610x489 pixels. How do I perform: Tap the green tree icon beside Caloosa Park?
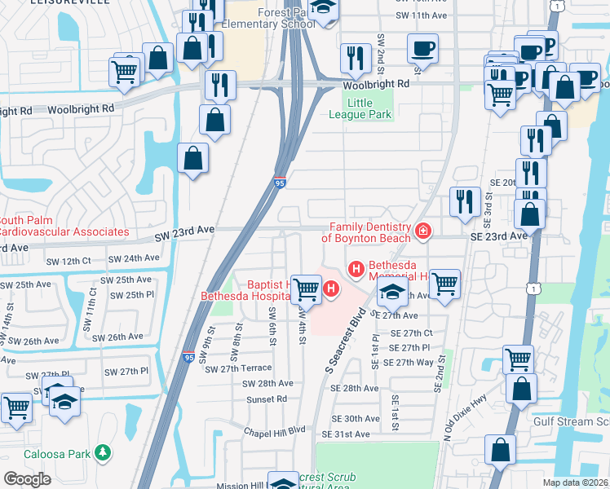pos(102,451)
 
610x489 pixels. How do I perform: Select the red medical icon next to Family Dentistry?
pos(422,232)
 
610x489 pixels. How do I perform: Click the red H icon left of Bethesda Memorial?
pos(356,268)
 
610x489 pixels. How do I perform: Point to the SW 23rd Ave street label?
pos(184,231)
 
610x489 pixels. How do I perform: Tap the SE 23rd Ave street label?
pos(500,236)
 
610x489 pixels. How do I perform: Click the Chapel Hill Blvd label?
pos(276,430)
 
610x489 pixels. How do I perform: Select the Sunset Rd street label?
pos(267,399)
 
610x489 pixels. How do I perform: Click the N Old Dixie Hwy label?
pos(465,410)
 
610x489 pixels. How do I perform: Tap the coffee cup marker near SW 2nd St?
pos(422,49)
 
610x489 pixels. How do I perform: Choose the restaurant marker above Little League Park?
pos(355,57)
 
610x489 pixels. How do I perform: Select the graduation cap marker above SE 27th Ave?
pos(392,293)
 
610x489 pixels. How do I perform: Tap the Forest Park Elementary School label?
pos(274,19)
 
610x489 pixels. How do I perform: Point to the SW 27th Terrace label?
pos(239,368)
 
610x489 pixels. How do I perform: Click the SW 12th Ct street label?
pos(69,260)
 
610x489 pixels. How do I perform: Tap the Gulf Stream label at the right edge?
pos(571,421)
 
